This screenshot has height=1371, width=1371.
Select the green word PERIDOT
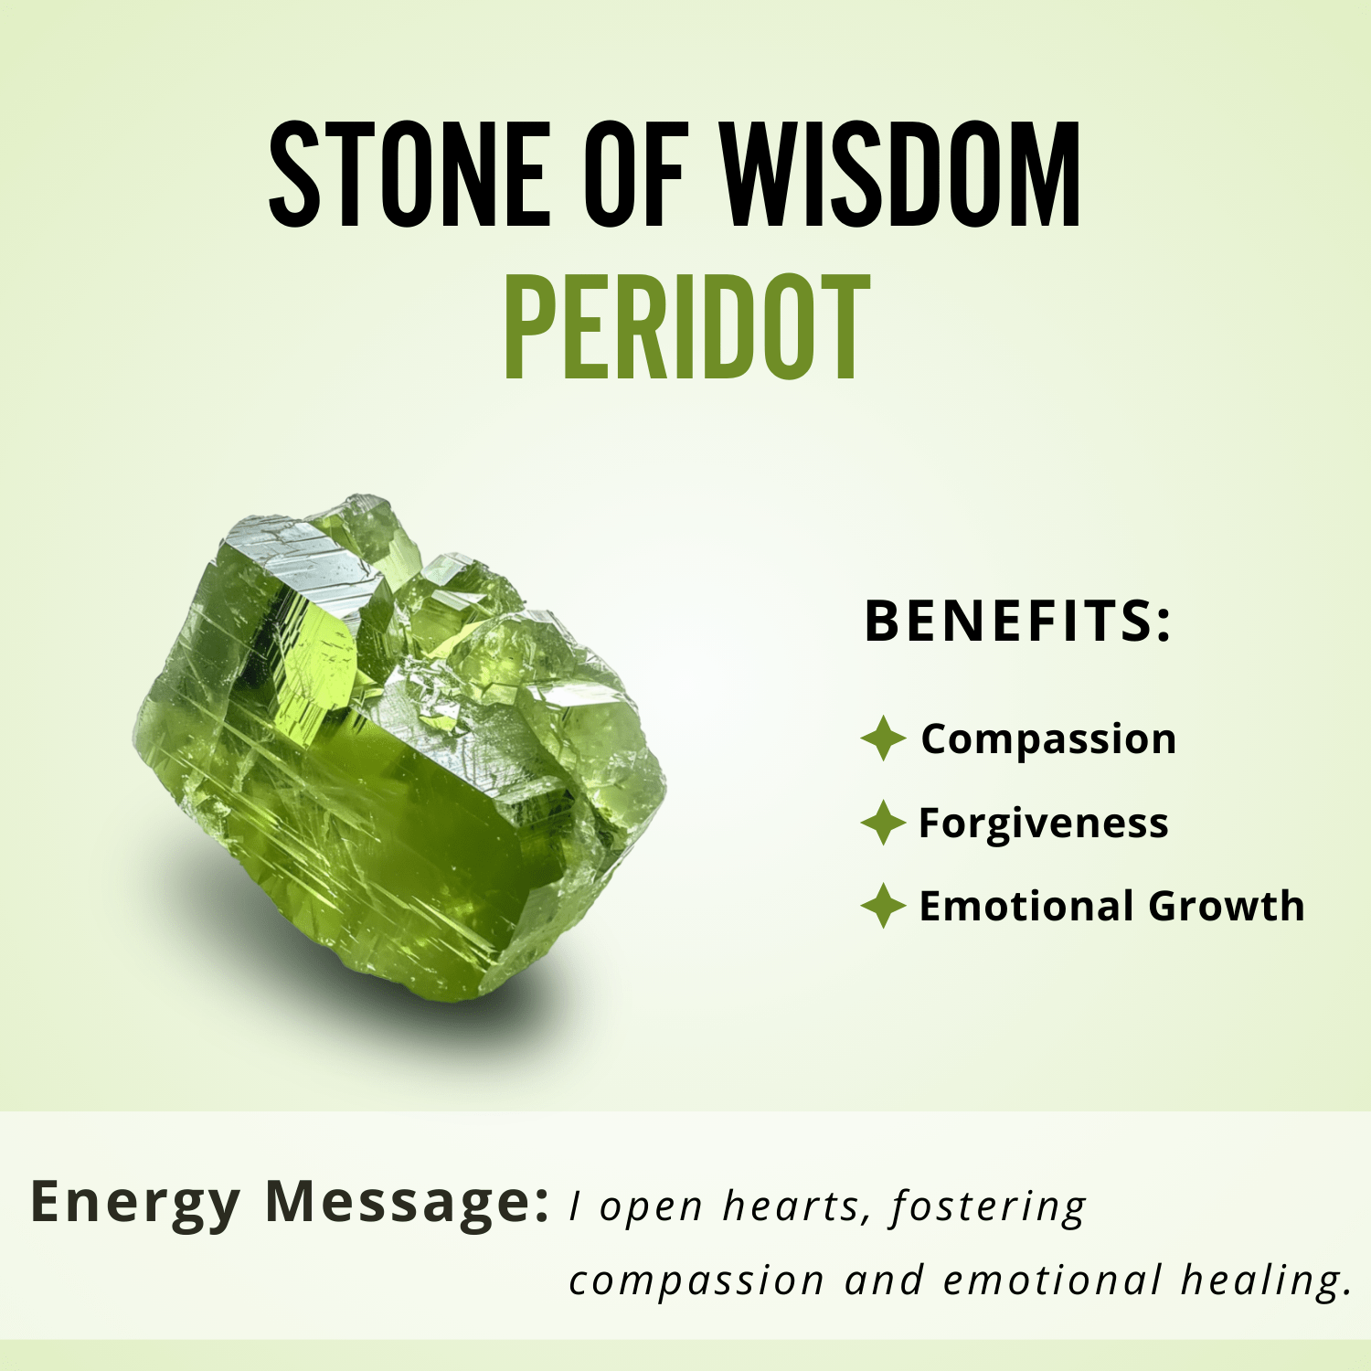tap(686, 326)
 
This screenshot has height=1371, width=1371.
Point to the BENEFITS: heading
tap(1017, 622)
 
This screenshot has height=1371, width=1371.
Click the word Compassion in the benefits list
tap(1048, 739)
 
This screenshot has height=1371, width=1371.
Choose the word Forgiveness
tap(1043, 823)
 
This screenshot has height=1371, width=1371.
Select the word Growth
tap(1227, 906)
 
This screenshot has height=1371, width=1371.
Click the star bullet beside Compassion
tap(883, 739)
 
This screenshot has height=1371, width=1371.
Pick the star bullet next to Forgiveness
tap(883, 823)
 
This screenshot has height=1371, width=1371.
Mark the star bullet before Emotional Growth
tap(883, 906)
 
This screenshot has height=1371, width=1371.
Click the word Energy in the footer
tap(135, 1203)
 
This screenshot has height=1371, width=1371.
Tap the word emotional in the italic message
tap(1052, 1280)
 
